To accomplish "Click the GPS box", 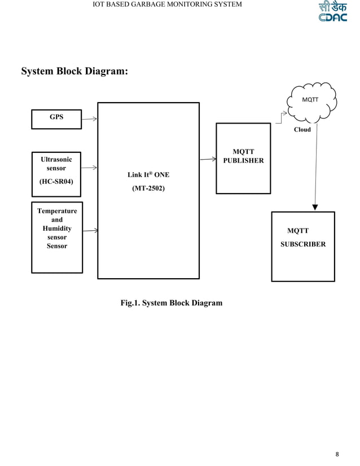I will [56, 118].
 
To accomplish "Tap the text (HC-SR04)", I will [56, 182].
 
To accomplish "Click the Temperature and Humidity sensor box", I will [57, 237].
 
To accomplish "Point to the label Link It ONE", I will [148, 175].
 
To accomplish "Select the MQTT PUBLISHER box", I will [243, 158].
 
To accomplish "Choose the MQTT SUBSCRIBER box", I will [302, 246].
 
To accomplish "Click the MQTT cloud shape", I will [310, 102].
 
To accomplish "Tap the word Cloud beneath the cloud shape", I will [302, 129].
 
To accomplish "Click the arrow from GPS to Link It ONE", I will [89, 118].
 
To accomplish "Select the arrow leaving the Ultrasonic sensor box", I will [89, 168].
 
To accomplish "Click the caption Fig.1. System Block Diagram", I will [171, 303].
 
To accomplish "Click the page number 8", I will [337, 454].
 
